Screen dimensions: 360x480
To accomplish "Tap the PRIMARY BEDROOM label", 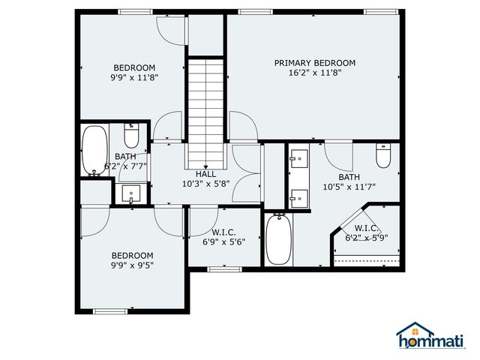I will (314, 63).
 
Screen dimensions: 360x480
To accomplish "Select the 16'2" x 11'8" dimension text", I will (314, 73).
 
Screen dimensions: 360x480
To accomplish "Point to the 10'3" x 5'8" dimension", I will (206, 184).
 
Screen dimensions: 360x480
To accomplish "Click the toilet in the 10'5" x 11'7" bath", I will (383, 157).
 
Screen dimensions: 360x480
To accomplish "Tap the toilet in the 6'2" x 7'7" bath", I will (131, 136).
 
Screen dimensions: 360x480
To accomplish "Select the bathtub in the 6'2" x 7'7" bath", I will (94, 151).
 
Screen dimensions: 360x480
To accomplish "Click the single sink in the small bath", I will (132, 194).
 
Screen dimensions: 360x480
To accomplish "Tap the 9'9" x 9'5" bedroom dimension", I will (133, 265).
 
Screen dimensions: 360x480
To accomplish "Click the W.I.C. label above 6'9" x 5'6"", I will (223, 232).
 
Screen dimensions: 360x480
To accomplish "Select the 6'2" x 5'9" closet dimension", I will (367, 238).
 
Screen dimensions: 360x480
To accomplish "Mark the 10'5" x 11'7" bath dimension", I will (349, 187).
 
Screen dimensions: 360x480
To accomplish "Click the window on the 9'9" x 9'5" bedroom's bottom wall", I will (109, 310).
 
